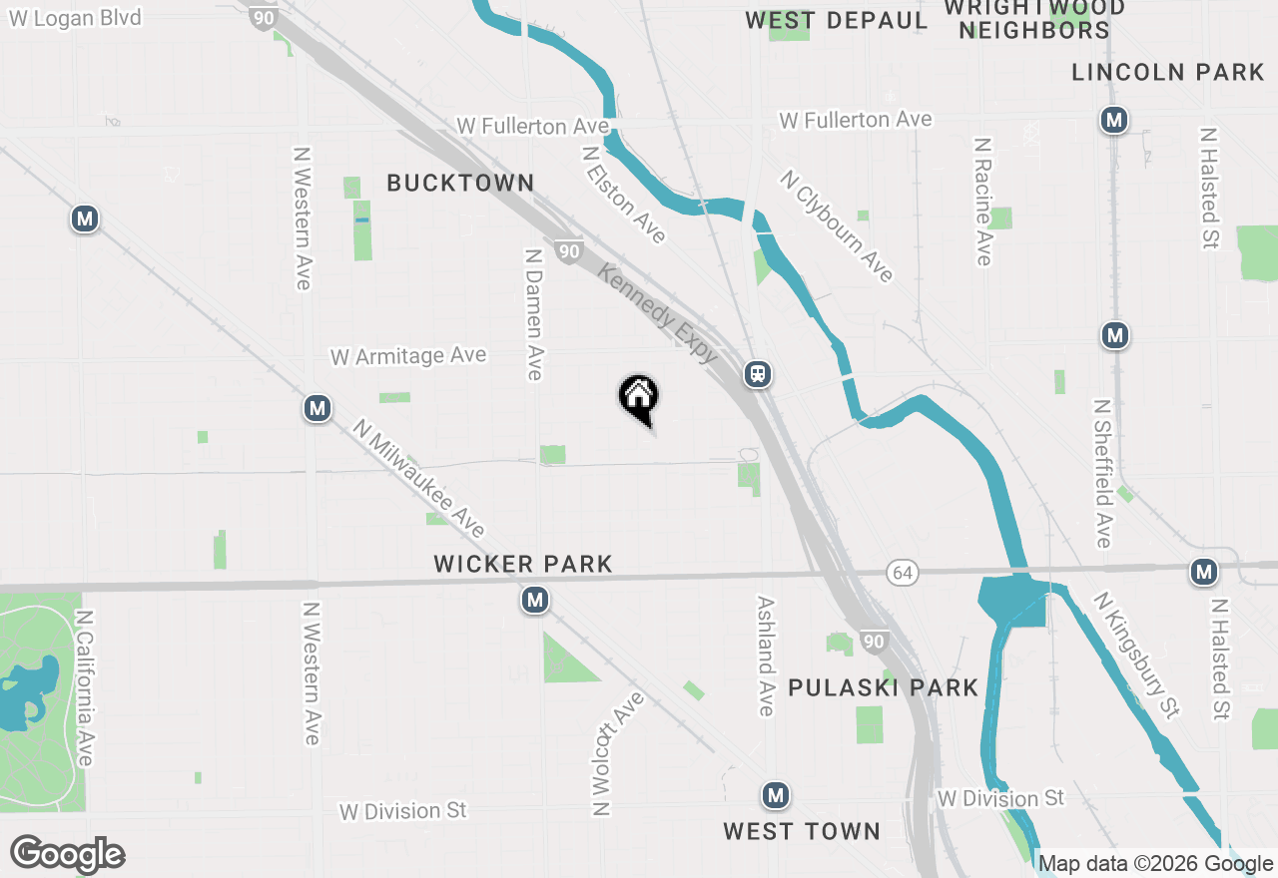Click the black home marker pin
click(x=638, y=397)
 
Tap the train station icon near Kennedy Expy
click(x=758, y=374)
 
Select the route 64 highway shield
click(x=902, y=573)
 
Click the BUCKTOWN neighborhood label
click(x=460, y=183)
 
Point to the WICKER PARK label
click(x=523, y=564)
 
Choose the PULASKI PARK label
click(x=884, y=687)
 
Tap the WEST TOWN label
click(x=802, y=831)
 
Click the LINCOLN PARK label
click(x=1168, y=72)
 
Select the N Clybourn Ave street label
click(x=837, y=226)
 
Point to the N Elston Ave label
click(x=624, y=196)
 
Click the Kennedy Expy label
click(x=658, y=313)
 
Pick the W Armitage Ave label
click(x=408, y=356)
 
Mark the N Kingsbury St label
click(x=1137, y=655)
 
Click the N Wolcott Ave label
click(x=618, y=753)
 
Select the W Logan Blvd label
click(x=75, y=18)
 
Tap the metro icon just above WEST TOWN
click(x=776, y=796)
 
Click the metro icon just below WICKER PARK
click(x=535, y=600)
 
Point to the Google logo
click(x=68, y=854)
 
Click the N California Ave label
click(x=84, y=688)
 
